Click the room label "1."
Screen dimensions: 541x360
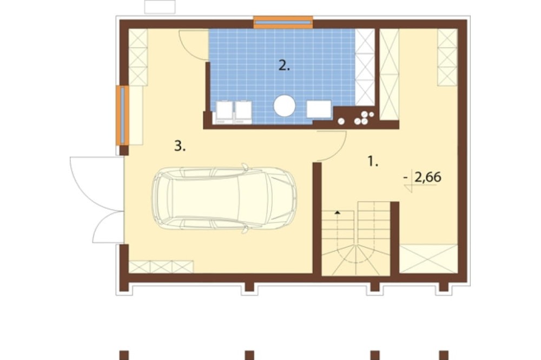click(373, 162)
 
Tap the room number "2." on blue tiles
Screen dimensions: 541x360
click(284, 65)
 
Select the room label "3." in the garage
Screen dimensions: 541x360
click(180, 146)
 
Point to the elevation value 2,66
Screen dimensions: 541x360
click(428, 177)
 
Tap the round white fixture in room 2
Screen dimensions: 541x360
click(285, 106)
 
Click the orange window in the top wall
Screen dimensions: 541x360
click(283, 22)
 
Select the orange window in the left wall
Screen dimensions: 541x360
click(122, 115)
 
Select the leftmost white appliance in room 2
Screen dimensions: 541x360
click(225, 112)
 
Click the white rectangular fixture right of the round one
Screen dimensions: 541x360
click(319, 109)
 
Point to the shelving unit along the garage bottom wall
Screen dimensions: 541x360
click(161, 267)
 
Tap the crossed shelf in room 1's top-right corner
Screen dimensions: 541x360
click(447, 57)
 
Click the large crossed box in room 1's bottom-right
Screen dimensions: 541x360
click(428, 258)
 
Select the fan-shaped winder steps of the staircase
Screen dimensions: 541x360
click(355, 261)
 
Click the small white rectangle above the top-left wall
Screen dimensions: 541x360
click(160, 6)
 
